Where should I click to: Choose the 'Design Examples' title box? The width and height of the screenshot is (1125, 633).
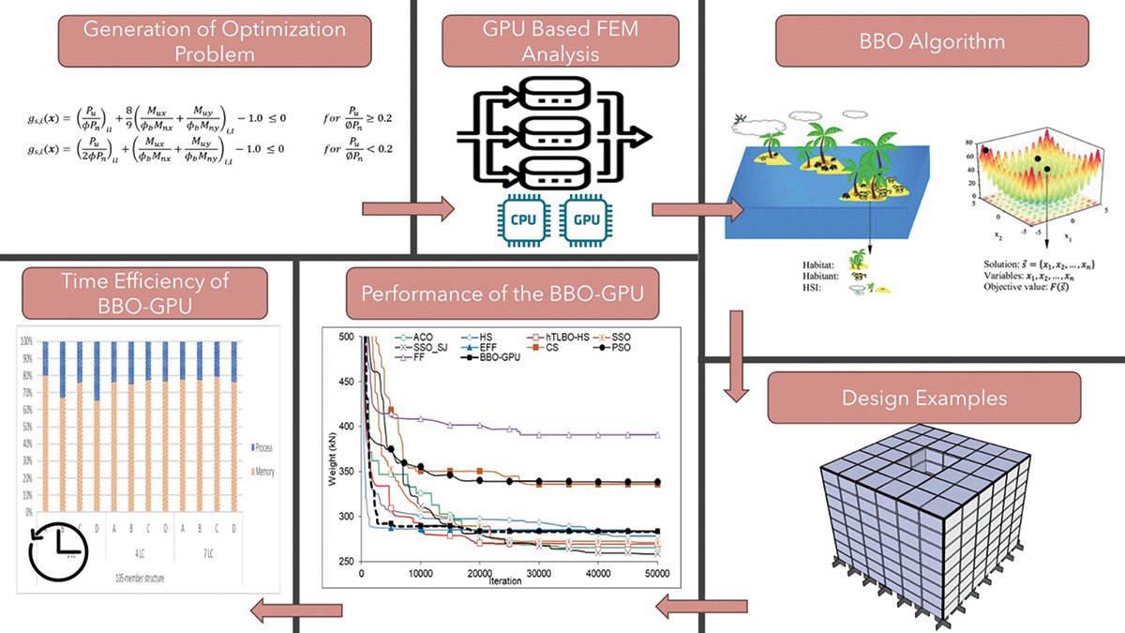click(x=923, y=398)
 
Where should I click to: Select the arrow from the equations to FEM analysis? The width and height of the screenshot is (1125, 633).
click(x=407, y=208)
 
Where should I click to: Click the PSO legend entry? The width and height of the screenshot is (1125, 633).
click(x=615, y=347)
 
